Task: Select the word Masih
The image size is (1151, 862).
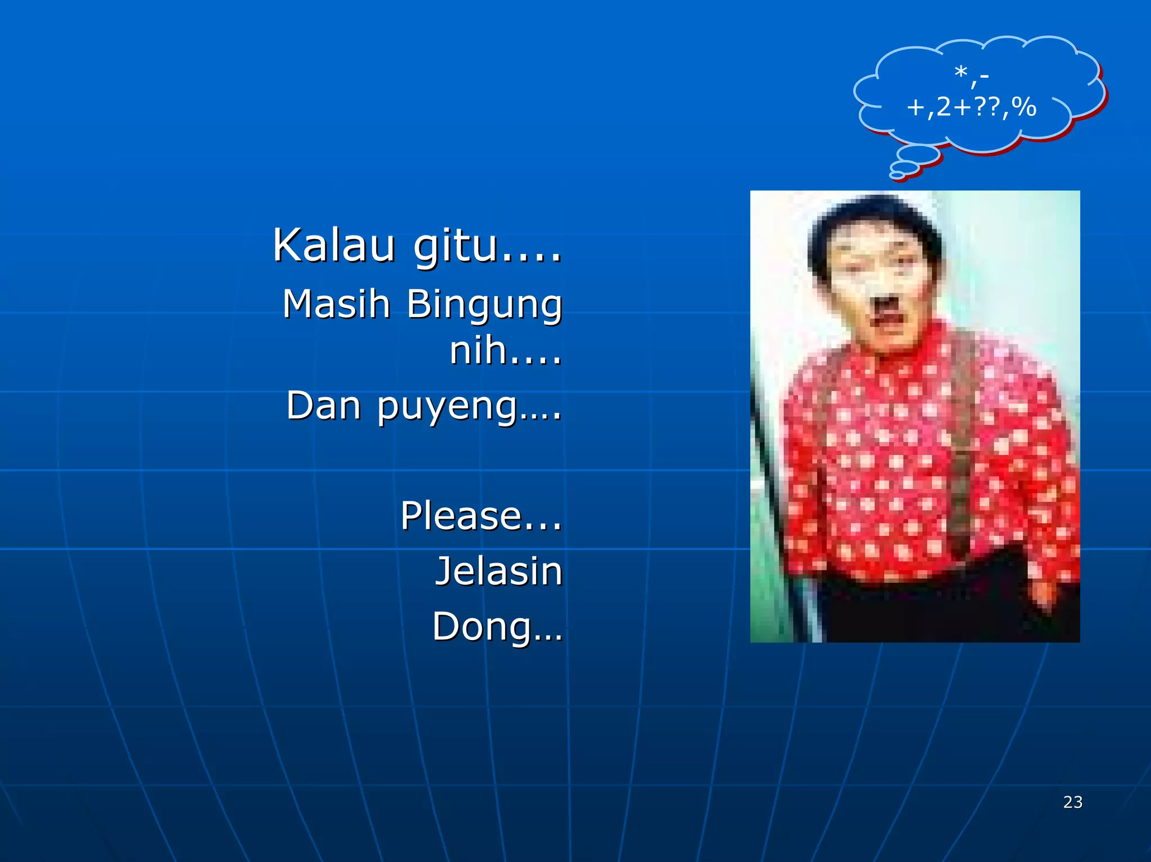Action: click(336, 304)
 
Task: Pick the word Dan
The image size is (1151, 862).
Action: click(323, 405)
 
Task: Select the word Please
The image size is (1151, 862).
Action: click(461, 515)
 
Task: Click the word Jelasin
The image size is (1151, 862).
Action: click(499, 571)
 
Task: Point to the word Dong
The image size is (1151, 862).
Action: click(482, 627)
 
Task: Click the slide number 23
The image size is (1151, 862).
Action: click(1073, 802)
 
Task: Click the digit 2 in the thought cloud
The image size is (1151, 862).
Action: click(944, 107)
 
